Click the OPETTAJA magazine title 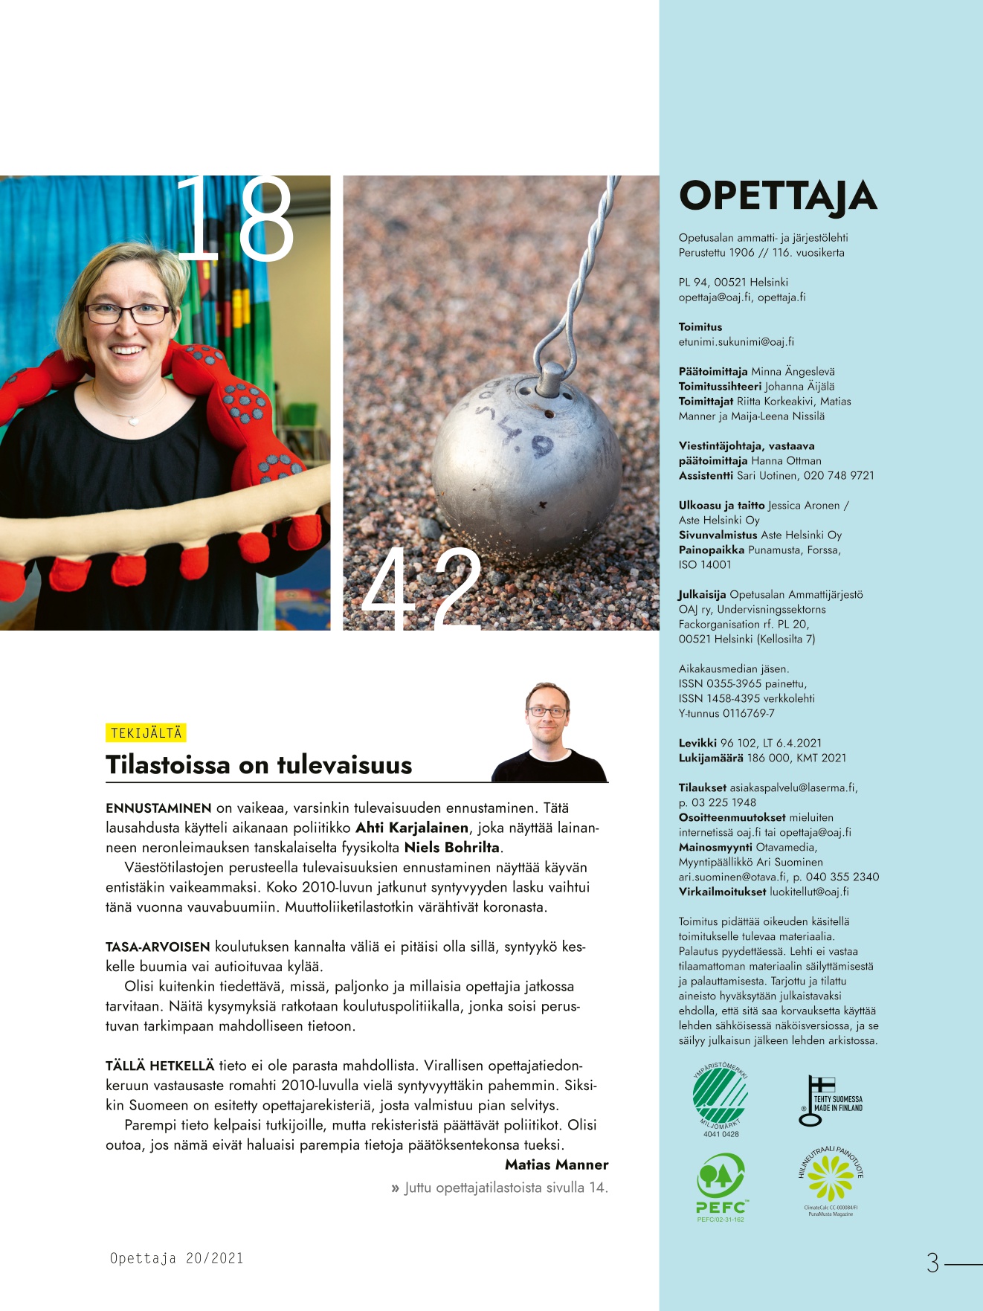[x=778, y=196]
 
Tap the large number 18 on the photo [x=235, y=219]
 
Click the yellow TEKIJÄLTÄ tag [x=146, y=733]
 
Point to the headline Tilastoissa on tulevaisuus [x=259, y=764]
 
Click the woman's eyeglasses [x=127, y=313]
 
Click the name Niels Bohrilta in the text [x=452, y=848]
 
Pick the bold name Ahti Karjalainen [x=412, y=828]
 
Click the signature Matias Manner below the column [x=556, y=1165]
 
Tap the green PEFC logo [x=720, y=1185]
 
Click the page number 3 [x=932, y=1263]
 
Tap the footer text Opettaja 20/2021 [x=176, y=1258]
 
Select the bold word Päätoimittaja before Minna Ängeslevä [x=712, y=371]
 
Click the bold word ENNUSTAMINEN [x=158, y=808]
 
